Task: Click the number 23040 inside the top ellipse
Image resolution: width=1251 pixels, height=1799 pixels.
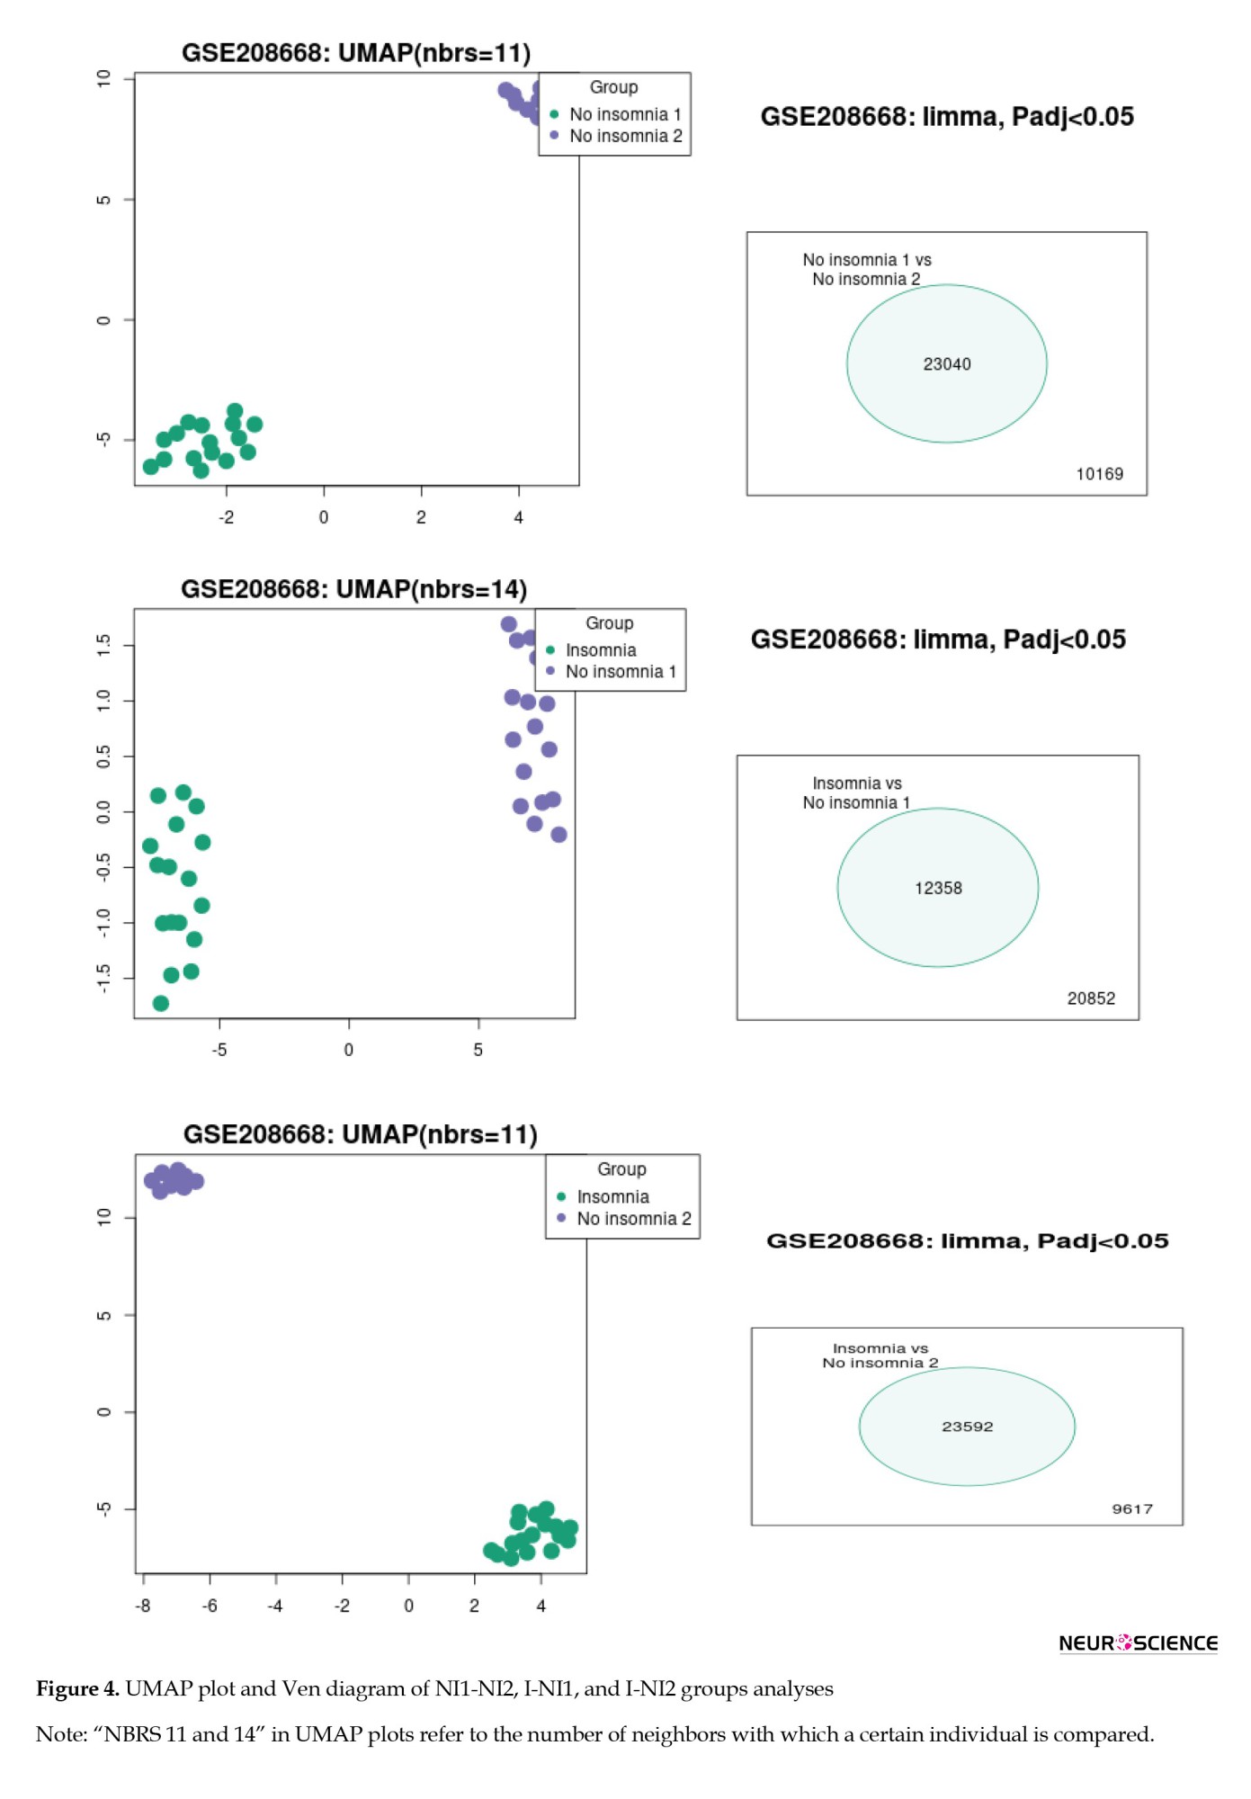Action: [946, 364]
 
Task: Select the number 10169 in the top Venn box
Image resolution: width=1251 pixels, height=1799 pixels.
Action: [1099, 474]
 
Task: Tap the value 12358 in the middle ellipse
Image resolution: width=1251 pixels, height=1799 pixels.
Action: [938, 889]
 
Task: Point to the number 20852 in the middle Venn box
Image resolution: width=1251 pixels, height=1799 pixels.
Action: [1091, 998]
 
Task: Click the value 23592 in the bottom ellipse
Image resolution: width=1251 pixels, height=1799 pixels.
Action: [967, 1427]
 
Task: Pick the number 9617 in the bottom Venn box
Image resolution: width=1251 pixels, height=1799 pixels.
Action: [1131, 1509]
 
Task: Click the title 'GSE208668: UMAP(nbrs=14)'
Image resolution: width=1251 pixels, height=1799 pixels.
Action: [353, 589]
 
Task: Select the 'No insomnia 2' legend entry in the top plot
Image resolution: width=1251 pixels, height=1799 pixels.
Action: [625, 136]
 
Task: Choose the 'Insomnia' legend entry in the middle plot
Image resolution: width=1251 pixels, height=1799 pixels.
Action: [600, 650]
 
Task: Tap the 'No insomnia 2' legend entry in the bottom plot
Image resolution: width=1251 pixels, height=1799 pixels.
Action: [633, 1219]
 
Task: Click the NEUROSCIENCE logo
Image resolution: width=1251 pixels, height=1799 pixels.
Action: [1138, 1643]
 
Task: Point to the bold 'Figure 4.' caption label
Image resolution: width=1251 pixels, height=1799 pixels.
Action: [77, 1689]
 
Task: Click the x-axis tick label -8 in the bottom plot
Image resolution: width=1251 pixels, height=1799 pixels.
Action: [143, 1606]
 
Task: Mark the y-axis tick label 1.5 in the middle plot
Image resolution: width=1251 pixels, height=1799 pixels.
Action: [103, 644]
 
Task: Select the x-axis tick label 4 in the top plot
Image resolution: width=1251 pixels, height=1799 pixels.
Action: [518, 517]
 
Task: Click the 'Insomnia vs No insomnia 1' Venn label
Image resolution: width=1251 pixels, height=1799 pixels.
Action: [856, 793]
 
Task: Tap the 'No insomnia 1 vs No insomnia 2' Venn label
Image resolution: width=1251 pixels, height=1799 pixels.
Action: [866, 270]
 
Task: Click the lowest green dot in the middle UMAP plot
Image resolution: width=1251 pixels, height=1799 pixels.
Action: [161, 1003]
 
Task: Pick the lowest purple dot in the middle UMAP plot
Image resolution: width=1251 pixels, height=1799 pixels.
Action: [558, 835]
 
